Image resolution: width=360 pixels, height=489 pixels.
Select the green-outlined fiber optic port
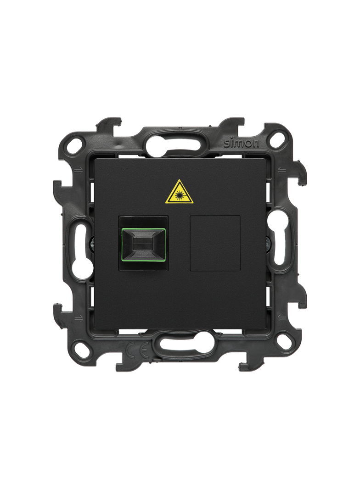(144, 244)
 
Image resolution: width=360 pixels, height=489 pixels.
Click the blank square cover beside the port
(215, 243)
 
